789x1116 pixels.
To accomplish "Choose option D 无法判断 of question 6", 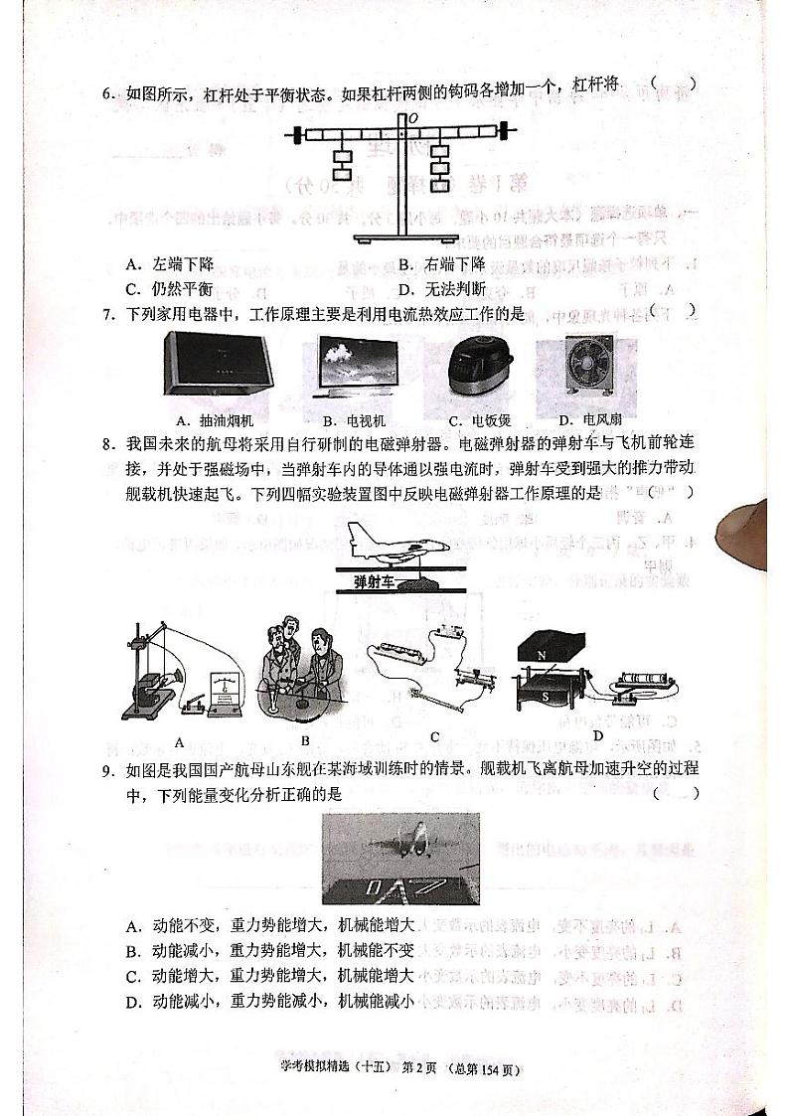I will click(442, 289).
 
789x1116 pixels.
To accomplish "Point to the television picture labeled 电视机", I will click(358, 369).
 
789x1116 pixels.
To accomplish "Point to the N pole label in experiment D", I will click(542, 655).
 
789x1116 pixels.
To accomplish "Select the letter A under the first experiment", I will click(180, 741).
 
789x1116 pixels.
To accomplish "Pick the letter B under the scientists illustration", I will click(305, 740).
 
